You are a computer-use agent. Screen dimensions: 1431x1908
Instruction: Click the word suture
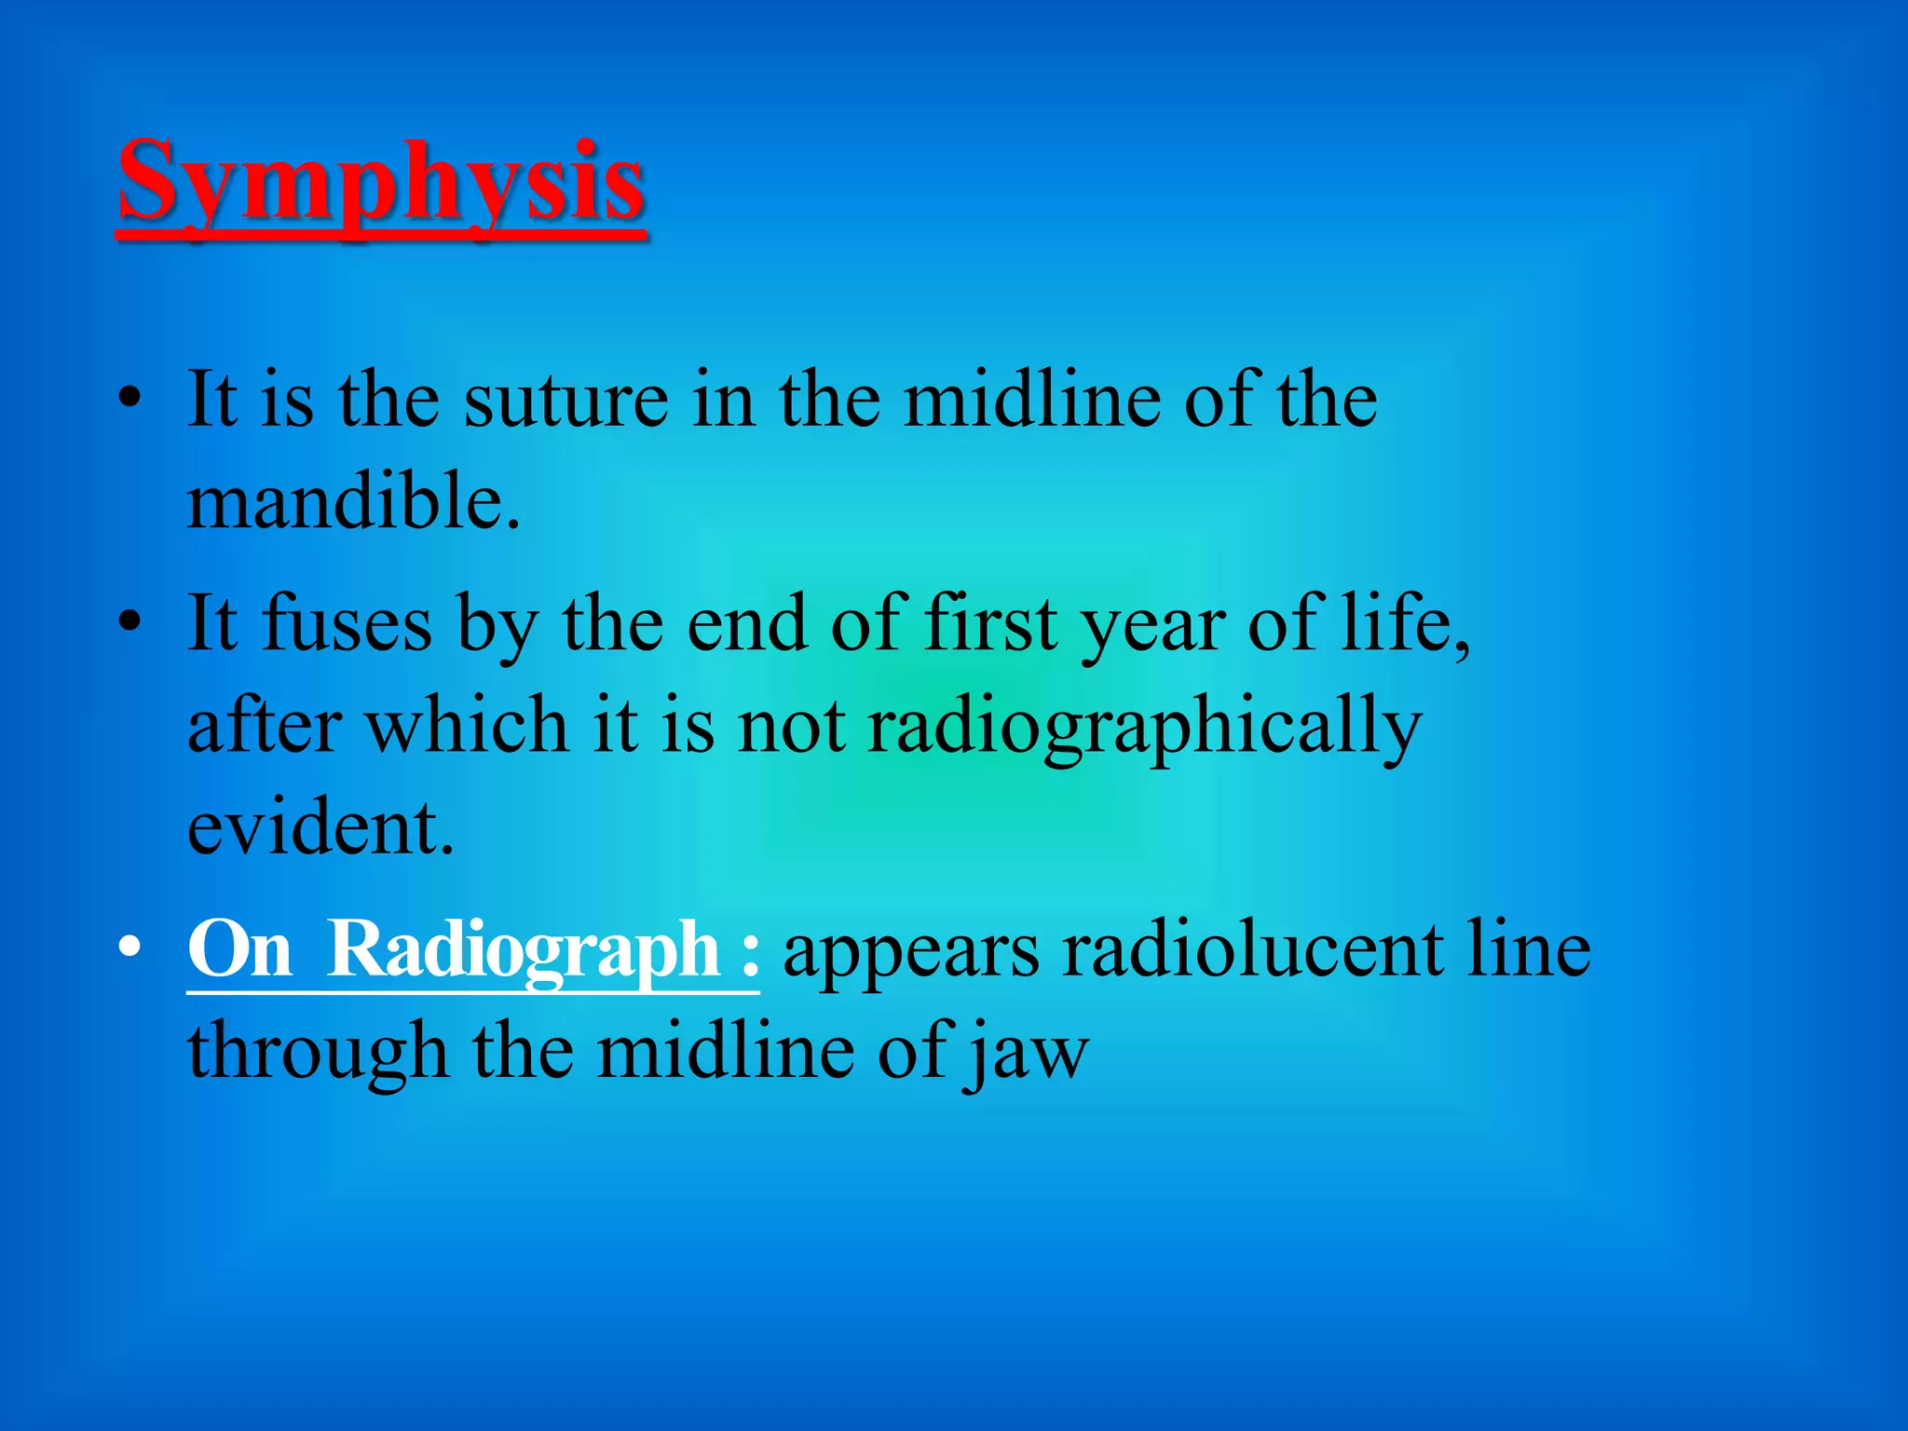(x=566, y=401)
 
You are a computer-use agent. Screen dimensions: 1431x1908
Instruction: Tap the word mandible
(x=352, y=501)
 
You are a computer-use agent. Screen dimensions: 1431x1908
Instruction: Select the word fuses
(x=347, y=623)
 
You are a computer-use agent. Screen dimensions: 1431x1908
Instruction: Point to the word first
(x=990, y=623)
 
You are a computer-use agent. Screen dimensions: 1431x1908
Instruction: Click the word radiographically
(x=1144, y=728)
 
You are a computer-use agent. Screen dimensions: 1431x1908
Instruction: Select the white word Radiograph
(x=524, y=950)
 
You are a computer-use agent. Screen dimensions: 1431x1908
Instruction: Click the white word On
(x=239, y=950)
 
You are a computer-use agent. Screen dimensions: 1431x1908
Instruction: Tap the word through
(x=317, y=1054)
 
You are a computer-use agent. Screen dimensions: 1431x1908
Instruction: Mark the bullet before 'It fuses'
(x=129, y=621)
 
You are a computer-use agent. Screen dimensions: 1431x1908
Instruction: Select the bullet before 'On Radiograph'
(x=129, y=948)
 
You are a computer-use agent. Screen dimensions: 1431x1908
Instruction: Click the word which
(x=466, y=726)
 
